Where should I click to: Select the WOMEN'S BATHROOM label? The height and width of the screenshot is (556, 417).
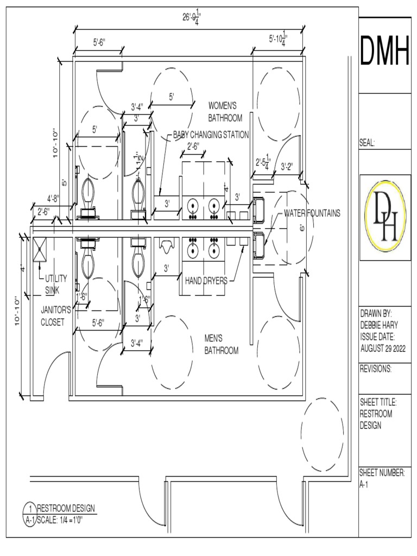pos(225,111)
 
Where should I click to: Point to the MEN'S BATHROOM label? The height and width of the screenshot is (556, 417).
pos(221,344)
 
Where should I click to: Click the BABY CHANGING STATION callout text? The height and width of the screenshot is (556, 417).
pos(211,135)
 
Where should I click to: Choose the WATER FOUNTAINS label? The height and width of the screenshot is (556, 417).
pos(312,213)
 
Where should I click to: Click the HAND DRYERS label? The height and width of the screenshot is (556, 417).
pos(206,281)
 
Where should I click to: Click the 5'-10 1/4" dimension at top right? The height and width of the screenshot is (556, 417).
pos(278,40)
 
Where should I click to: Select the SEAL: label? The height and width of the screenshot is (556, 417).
pos(368,143)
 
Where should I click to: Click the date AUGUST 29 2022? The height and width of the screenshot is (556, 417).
pos(383,349)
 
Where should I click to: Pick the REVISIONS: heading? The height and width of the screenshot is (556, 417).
pos(376,369)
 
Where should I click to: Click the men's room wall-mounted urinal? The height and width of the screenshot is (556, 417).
pos(166,245)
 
